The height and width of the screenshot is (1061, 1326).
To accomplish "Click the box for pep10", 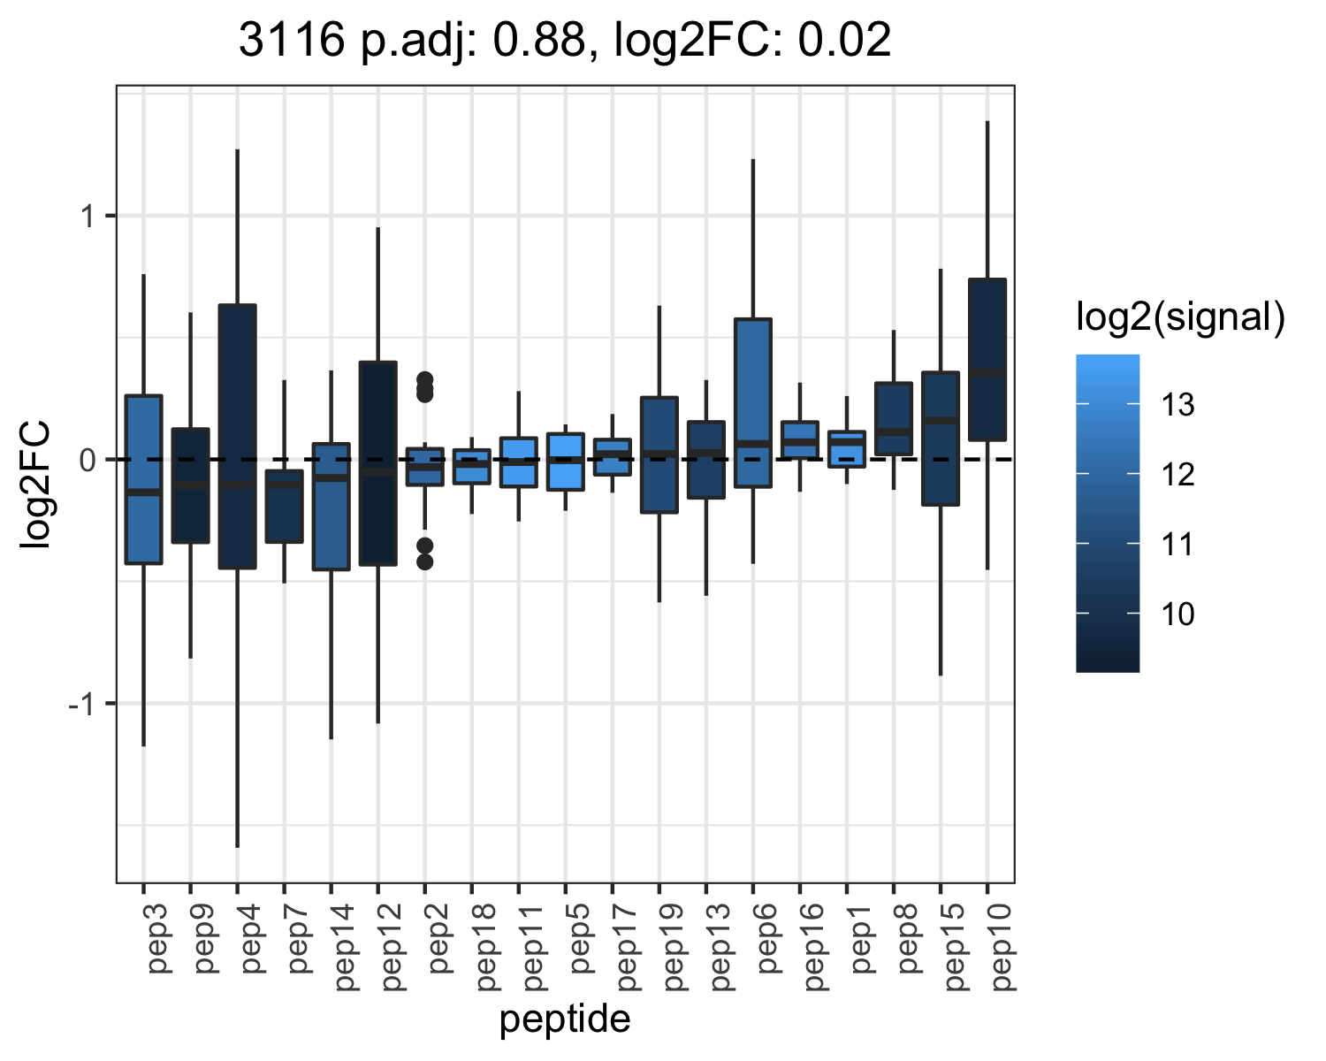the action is tap(987, 360).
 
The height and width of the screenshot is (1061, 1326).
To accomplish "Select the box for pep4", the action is tap(237, 437).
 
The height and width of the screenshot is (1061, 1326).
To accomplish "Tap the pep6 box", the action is tap(753, 403).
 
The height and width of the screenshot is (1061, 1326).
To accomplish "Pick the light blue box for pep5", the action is tap(566, 462).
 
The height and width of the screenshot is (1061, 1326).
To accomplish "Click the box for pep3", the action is tap(143, 479).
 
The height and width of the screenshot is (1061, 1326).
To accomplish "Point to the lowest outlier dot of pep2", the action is tap(425, 561).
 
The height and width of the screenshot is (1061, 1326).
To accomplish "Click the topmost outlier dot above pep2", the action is tap(425, 380).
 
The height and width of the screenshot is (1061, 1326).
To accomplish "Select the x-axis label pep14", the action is tap(344, 947).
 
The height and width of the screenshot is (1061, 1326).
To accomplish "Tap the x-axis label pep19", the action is tap(672, 947).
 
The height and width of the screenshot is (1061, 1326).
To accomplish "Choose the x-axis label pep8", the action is tap(906, 938).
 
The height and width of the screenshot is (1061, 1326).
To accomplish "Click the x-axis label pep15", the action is tap(953, 947).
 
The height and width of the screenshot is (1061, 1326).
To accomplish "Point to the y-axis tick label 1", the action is tap(88, 217).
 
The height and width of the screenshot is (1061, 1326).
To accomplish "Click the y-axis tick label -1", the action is tap(81, 704).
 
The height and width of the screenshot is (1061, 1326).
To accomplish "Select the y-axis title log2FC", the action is tap(34, 484).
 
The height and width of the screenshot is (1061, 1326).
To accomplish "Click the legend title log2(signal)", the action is tap(1181, 317).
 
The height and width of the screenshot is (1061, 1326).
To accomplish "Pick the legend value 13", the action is tap(1178, 405).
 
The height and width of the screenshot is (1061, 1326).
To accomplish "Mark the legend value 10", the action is tap(1178, 614).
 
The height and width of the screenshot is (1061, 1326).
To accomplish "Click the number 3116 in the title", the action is tap(292, 40).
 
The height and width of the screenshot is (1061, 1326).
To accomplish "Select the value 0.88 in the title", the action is tap(538, 40).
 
